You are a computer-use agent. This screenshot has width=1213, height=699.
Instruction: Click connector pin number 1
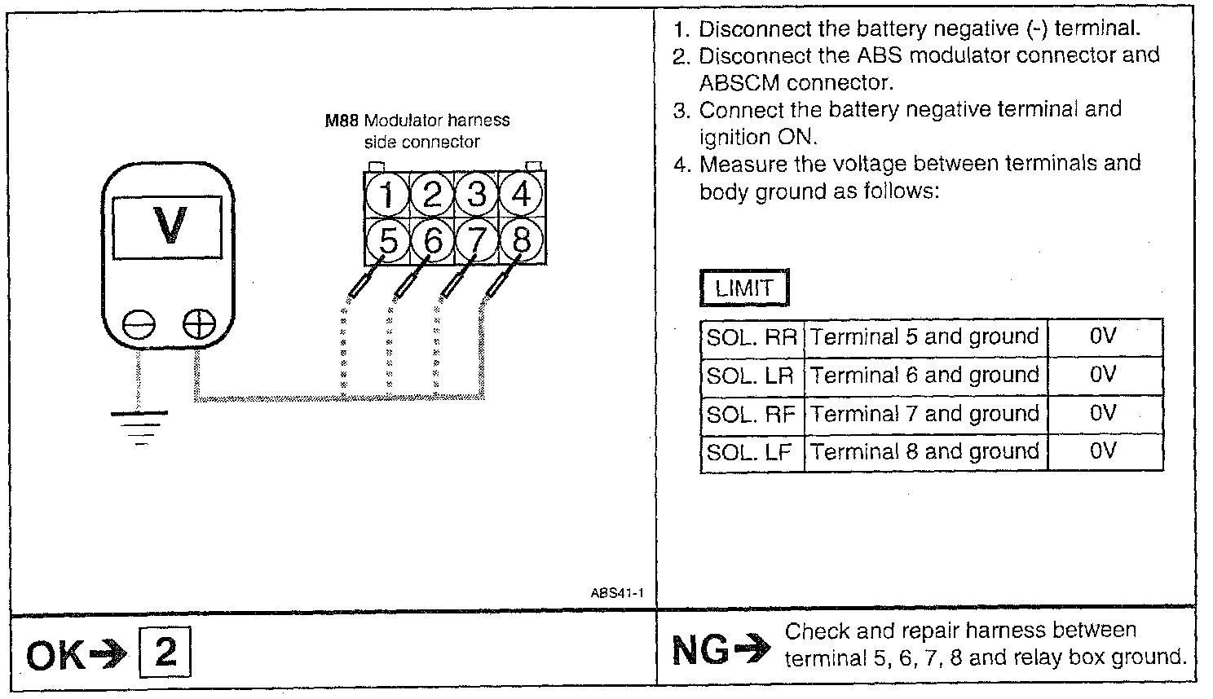388,196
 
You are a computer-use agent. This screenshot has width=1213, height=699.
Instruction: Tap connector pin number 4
522,196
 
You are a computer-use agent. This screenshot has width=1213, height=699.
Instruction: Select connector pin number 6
433,241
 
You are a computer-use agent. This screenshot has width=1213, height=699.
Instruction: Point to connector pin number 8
522,241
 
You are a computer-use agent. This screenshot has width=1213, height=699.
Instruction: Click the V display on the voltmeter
169,226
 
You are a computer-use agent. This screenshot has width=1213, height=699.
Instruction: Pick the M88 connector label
342,121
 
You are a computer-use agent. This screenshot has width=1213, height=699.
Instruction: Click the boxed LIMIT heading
743,288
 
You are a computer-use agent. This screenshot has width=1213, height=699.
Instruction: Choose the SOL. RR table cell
751,337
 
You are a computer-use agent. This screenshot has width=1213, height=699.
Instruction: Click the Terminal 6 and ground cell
924,376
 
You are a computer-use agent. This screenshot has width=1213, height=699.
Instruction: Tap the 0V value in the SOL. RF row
1103,414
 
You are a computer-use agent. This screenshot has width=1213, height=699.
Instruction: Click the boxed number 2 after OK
165,653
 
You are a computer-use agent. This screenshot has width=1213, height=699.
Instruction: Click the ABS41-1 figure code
617,593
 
